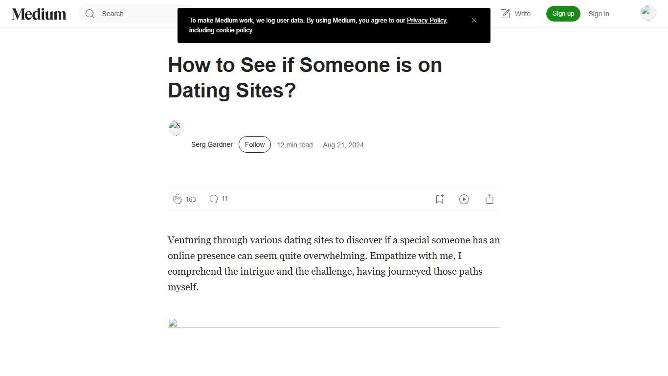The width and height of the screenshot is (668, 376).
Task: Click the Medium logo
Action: [39, 14]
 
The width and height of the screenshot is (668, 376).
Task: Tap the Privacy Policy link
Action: [426, 21]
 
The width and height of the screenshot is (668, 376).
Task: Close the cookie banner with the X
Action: [474, 21]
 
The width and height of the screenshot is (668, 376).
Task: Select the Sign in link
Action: [599, 14]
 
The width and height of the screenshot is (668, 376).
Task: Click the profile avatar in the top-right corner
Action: [648, 13]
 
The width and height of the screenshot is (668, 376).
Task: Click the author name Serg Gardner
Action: [212, 145]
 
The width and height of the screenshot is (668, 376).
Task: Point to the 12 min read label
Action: [294, 145]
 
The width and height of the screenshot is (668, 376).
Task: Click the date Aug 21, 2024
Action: [343, 145]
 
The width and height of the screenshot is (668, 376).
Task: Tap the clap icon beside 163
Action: [177, 199]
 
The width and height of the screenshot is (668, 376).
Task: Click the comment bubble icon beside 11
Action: [214, 199]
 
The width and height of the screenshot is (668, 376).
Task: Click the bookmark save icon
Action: [439, 199]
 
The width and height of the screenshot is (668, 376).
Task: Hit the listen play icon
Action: [464, 199]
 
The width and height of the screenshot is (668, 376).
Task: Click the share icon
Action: [490, 199]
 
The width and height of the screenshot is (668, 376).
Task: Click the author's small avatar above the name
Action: [176, 127]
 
